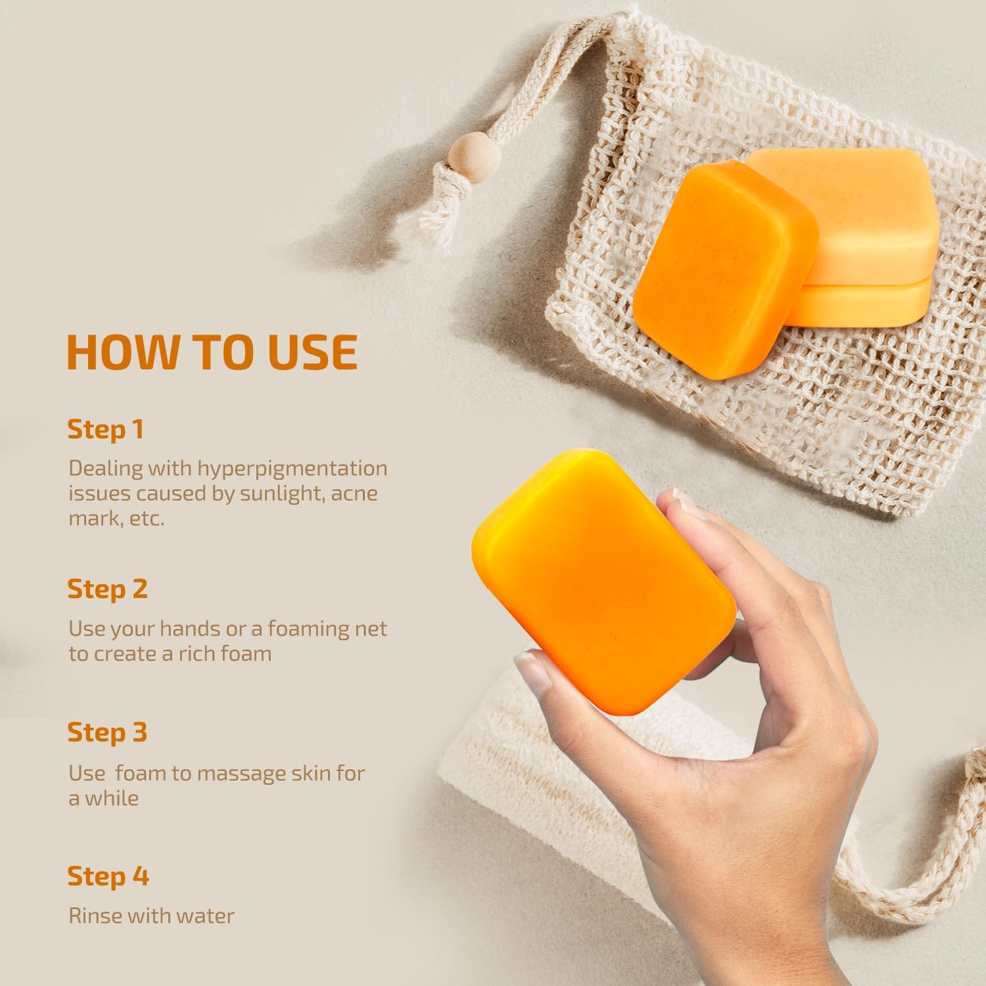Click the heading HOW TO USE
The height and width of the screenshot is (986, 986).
212,352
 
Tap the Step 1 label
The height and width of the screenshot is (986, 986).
105,429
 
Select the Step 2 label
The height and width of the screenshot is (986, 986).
107,588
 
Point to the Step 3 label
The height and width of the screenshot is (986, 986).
107,732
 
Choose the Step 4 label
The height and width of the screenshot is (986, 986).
108,876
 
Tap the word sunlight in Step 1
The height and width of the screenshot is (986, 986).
282,494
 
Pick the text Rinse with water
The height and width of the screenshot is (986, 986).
151,916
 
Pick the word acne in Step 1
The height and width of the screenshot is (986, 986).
355,494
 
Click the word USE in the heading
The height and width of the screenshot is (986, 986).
312,352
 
